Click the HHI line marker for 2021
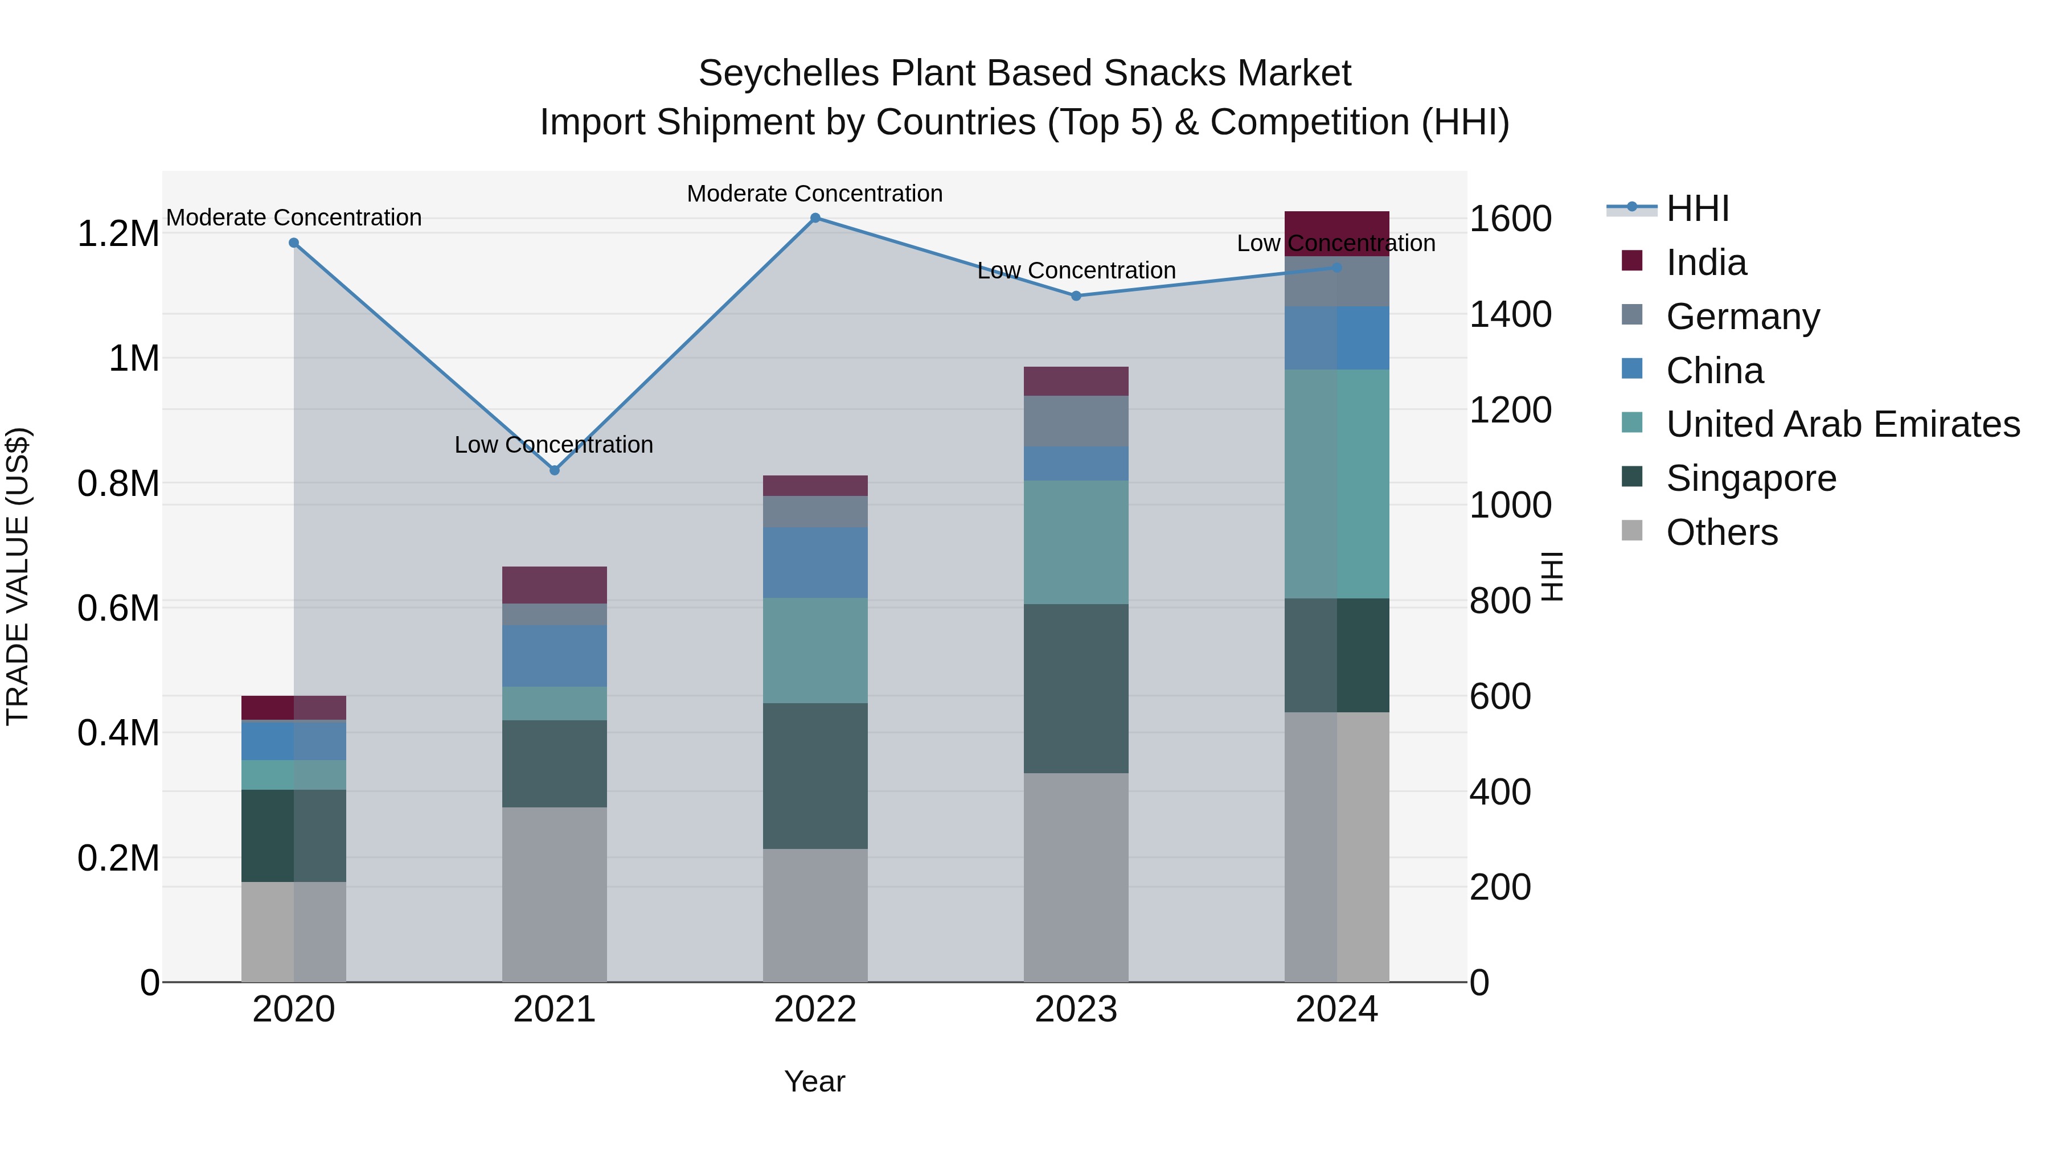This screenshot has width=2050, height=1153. point(555,470)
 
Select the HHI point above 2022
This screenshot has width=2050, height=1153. point(815,218)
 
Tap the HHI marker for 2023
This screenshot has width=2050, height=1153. point(1076,296)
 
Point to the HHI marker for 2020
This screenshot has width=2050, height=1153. point(294,243)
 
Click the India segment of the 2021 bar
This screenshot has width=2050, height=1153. point(555,585)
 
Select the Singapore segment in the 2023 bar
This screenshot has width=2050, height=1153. point(1076,688)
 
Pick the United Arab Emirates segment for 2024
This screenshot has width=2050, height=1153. point(1337,484)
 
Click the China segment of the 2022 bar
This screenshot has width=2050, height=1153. point(815,563)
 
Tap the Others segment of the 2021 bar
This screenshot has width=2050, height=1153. point(555,895)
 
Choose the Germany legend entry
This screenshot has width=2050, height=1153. point(1743,317)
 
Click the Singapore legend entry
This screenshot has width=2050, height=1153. point(1751,478)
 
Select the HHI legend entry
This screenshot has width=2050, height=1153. point(1698,208)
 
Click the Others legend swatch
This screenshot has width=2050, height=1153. point(1631,531)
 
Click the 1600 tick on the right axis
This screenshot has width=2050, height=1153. point(1510,219)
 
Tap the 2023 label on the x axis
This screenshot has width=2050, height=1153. point(1076,1010)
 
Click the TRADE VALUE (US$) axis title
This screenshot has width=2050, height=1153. point(18,576)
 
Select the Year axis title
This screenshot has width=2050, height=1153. point(815,1081)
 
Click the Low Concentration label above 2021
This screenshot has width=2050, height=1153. point(554,445)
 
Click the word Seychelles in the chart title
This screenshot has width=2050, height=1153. point(789,73)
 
